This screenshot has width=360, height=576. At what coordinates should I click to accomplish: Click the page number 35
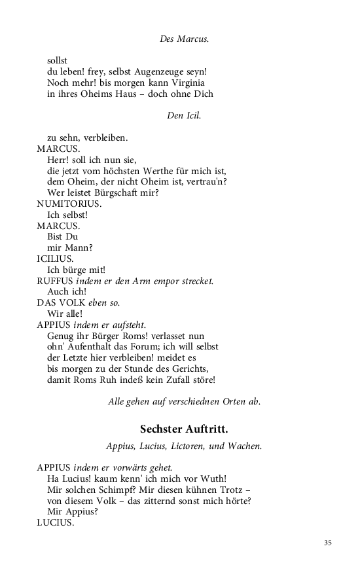[328, 542]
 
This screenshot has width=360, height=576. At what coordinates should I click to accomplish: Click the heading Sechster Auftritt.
[184, 429]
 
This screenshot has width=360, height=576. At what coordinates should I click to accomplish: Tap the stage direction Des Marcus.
[184, 39]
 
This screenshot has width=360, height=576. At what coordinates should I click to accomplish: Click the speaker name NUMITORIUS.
[69, 203]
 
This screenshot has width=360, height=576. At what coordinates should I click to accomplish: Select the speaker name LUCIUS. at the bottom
[55, 524]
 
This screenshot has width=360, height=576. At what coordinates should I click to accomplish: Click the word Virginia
[187, 83]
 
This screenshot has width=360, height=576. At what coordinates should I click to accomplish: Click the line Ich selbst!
[67, 214]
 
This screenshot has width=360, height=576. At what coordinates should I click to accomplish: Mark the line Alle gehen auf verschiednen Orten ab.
[184, 402]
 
